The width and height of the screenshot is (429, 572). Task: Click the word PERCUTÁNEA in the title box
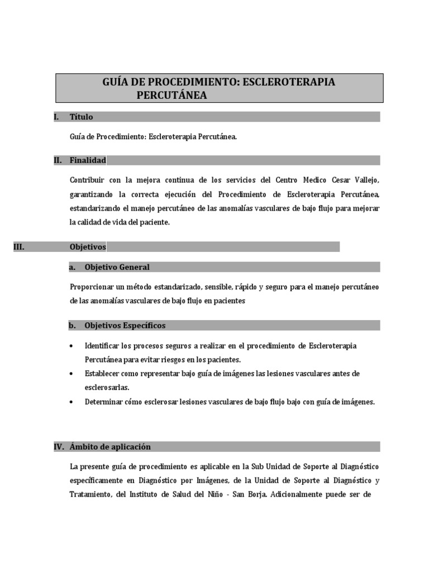click(171, 96)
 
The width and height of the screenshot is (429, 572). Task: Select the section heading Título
click(82, 117)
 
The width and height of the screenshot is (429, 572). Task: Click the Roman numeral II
click(58, 160)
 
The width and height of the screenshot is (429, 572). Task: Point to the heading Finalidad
click(88, 160)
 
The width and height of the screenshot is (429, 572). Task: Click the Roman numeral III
click(18, 246)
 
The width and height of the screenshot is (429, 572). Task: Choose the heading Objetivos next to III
click(88, 246)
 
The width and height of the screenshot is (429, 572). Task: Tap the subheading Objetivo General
click(117, 267)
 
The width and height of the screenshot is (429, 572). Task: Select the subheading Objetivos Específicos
click(125, 325)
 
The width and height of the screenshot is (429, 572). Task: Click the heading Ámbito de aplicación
click(110, 447)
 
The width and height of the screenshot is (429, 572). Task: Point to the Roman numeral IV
click(59, 447)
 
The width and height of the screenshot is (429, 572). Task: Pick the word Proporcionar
click(92, 287)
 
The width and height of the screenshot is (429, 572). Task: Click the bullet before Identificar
click(72, 346)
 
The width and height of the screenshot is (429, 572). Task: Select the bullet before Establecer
click(72, 373)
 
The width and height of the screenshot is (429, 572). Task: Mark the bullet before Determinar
click(72, 402)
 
